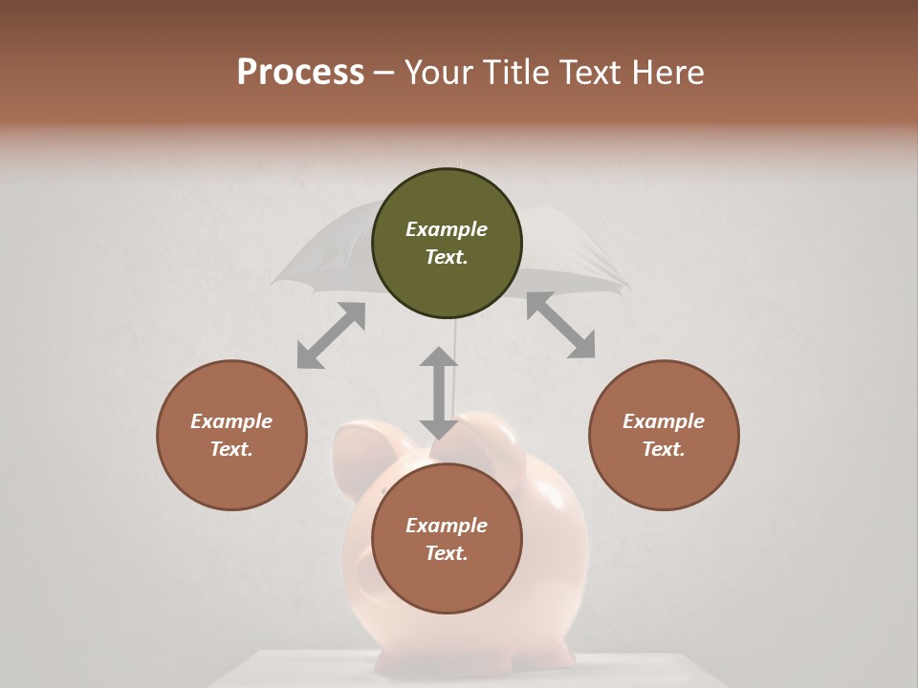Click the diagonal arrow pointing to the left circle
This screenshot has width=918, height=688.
tap(331, 335)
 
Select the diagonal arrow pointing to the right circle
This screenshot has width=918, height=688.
tap(561, 326)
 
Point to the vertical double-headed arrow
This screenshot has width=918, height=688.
tap(439, 393)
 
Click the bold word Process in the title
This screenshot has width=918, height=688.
tap(300, 73)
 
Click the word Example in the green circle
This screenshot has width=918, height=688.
tap(447, 229)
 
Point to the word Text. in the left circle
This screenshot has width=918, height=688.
tap(231, 449)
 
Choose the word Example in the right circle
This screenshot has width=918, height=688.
tap(664, 421)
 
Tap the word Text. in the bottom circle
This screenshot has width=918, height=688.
tap(447, 553)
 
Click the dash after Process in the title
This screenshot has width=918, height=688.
tap(384, 73)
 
